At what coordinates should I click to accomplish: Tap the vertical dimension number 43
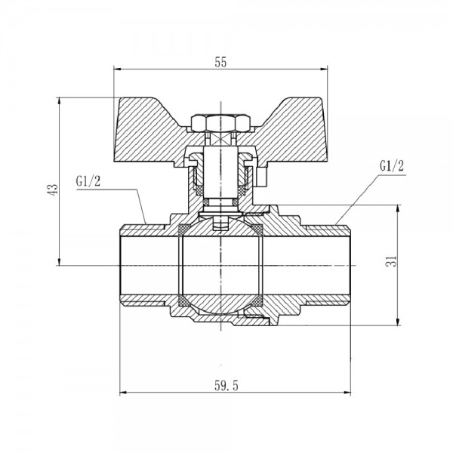click(51, 190)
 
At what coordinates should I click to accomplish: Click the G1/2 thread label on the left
click(88, 182)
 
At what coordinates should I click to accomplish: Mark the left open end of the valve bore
click(123, 266)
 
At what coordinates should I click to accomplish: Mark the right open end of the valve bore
click(349, 266)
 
